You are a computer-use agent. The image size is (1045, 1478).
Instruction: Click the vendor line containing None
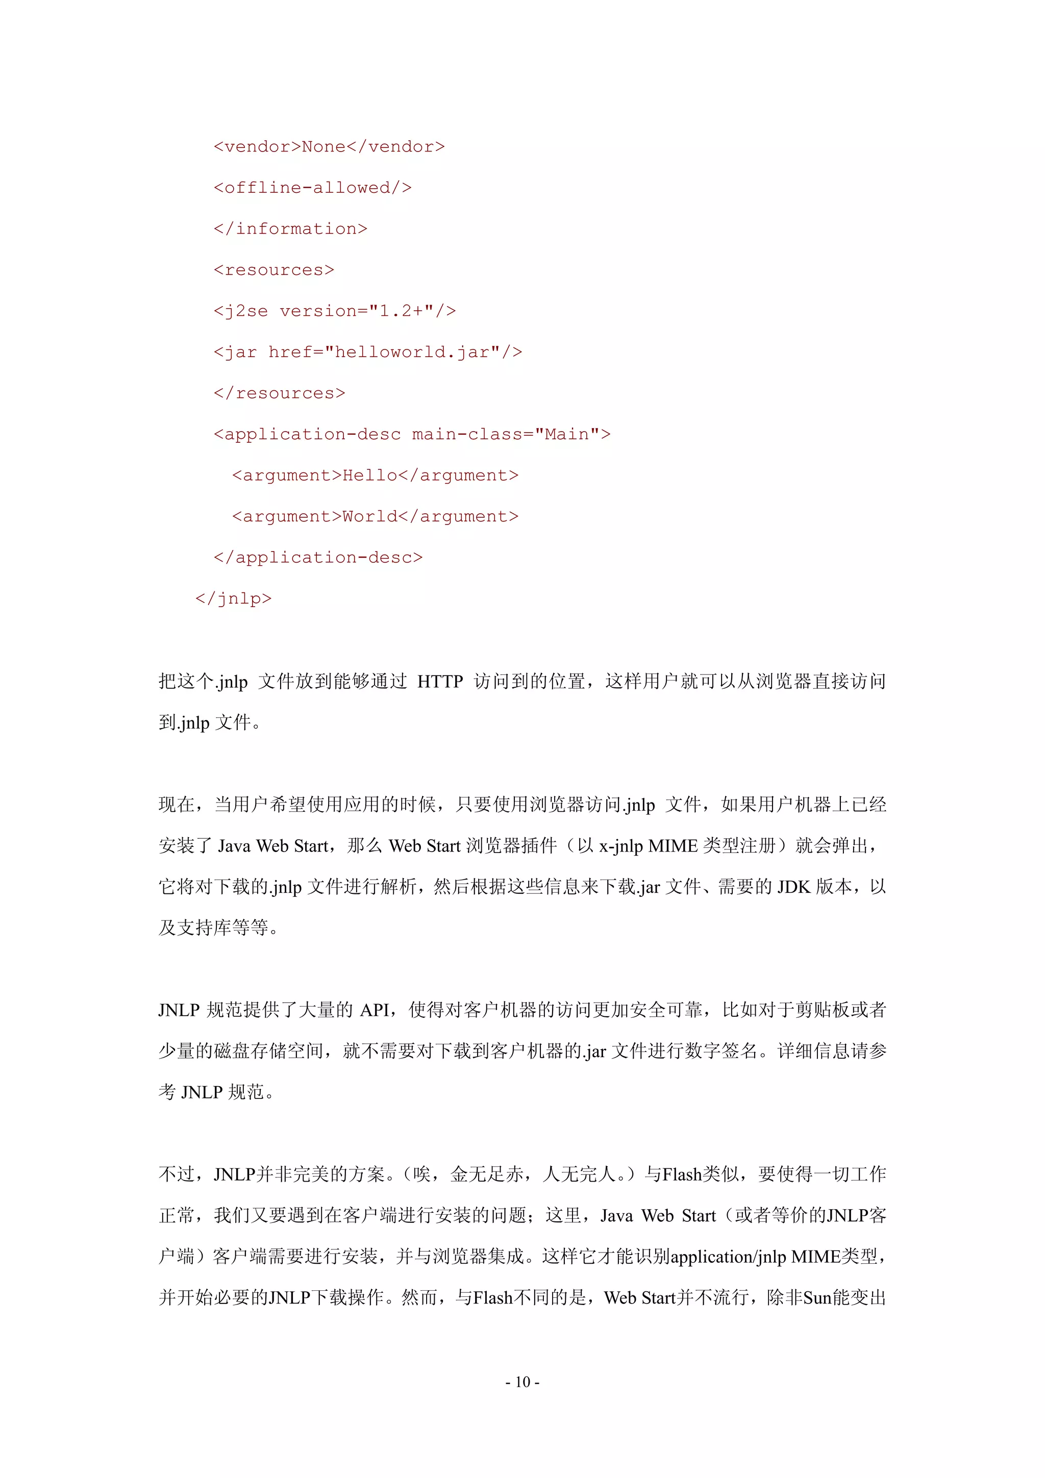click(329, 147)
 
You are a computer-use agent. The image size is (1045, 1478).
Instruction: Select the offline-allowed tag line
click(312, 188)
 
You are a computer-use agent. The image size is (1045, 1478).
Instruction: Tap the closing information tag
click(290, 229)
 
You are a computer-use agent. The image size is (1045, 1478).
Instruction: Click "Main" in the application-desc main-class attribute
click(566, 435)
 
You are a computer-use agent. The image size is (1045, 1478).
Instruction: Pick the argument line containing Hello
click(375, 475)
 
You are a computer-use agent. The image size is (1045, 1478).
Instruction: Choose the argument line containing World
click(375, 517)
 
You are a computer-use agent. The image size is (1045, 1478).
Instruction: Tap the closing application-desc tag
click(318, 558)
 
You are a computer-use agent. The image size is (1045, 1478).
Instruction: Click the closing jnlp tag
click(233, 598)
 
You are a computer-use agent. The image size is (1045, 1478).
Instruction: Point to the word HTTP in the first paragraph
click(440, 681)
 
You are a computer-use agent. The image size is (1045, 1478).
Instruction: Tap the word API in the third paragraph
click(374, 1010)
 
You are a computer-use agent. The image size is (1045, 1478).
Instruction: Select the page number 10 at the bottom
click(522, 1382)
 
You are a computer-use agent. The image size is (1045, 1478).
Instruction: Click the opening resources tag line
click(273, 270)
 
